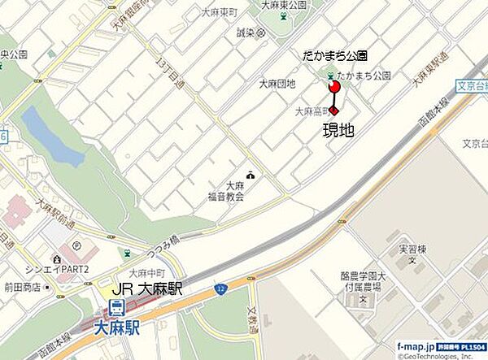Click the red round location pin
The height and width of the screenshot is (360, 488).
tap(333, 85)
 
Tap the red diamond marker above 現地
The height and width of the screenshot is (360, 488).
tap(333, 112)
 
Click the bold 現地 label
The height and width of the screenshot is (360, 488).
tap(338, 130)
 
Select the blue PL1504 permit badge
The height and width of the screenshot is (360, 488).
tap(463, 346)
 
